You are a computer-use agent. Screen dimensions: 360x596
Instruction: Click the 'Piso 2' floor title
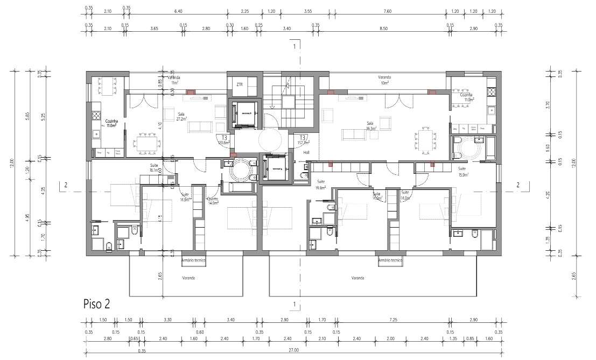(x=97, y=303)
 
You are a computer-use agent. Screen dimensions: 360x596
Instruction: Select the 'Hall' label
(x=306, y=152)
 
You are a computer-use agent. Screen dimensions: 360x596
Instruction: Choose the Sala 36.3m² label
(x=370, y=126)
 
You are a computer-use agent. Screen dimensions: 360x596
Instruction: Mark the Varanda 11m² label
(x=175, y=80)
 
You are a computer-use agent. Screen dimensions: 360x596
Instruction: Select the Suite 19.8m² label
(x=321, y=185)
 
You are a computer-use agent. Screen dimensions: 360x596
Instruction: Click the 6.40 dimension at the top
(x=178, y=11)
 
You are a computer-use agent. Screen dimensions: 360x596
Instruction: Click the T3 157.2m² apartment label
(x=303, y=140)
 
